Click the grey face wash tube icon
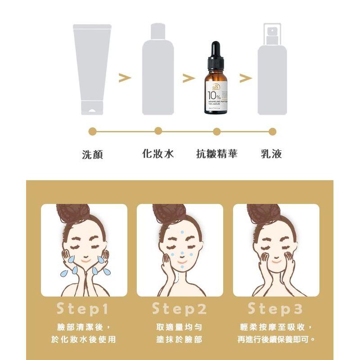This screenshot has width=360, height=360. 92,67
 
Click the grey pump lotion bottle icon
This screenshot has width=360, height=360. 272,72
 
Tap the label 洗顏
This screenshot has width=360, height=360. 93,154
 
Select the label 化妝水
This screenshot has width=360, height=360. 158,154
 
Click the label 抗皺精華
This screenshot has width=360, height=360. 216,154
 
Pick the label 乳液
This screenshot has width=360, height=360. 272,154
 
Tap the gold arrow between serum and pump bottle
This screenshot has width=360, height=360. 245,78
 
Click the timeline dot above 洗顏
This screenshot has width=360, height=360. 93,131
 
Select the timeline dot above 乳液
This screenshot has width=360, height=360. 272,131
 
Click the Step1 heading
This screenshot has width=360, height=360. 83,309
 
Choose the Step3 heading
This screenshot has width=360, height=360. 275,309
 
